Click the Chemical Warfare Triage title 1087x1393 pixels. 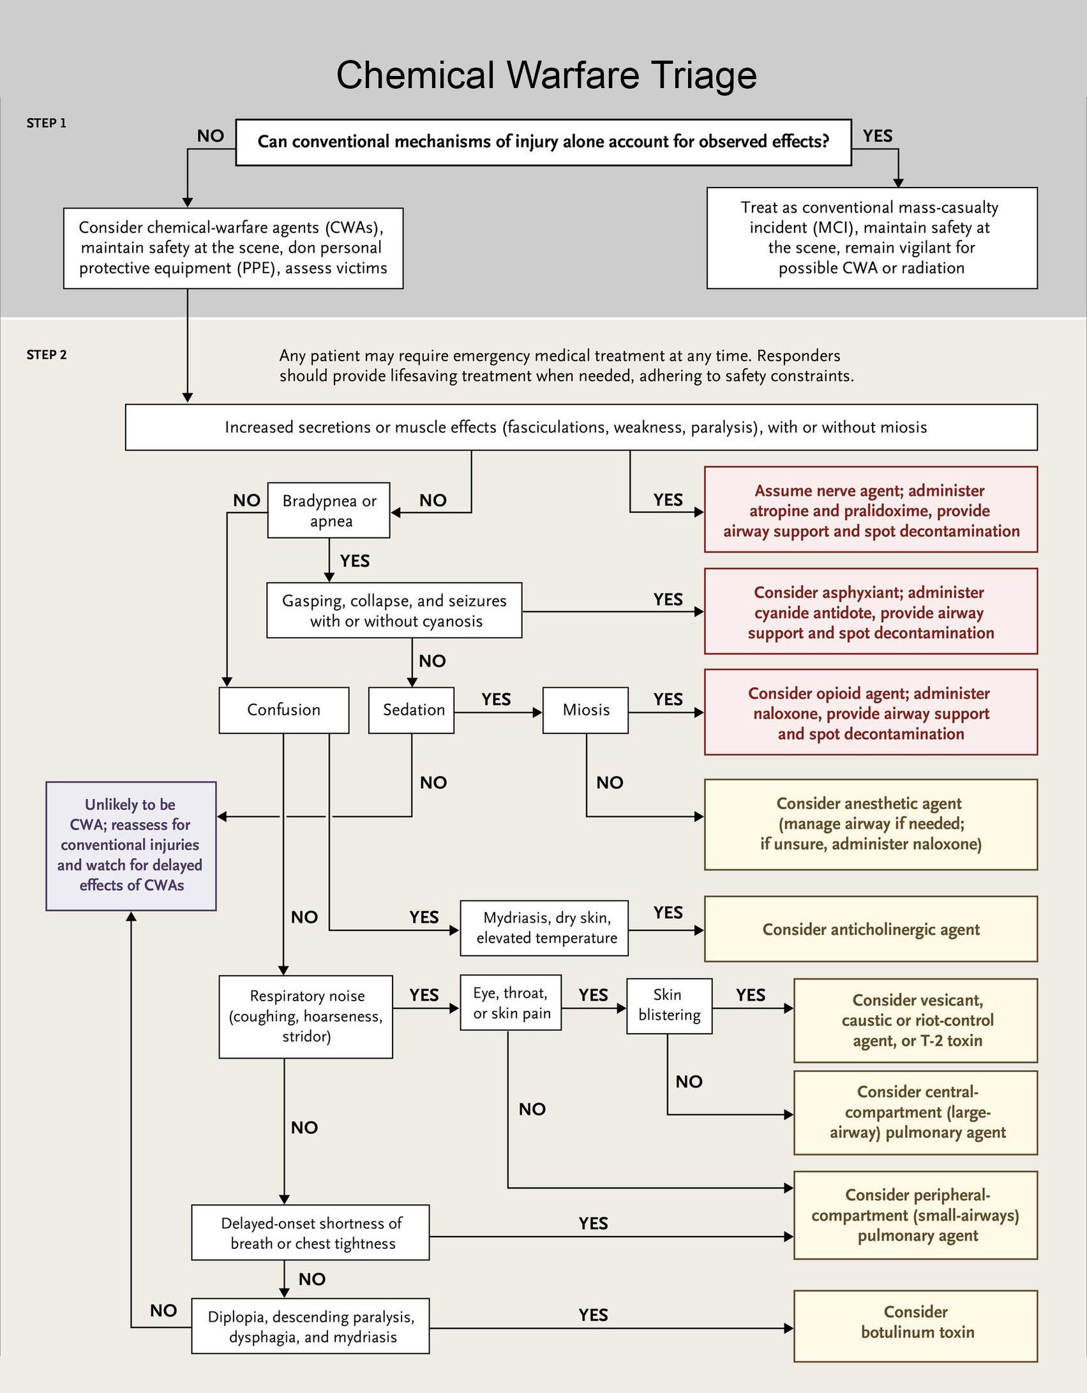point(546,75)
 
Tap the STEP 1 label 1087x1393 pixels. point(47,123)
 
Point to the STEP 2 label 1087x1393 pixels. point(47,355)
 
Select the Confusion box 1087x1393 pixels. point(284,710)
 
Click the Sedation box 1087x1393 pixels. point(412,710)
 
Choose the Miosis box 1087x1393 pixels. point(585,710)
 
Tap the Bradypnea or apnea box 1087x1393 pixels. point(329,510)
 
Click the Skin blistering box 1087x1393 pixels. point(670,1006)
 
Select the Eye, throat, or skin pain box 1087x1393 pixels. point(511,1002)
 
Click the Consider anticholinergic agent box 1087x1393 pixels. point(871,929)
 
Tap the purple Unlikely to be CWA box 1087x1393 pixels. point(131,845)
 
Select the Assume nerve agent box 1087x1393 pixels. point(871,510)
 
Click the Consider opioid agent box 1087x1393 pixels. point(871,713)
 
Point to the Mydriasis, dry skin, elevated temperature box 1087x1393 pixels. point(544,928)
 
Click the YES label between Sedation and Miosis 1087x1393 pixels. point(496,699)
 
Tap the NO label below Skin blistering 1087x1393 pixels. point(689,1082)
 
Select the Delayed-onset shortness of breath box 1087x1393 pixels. point(310,1232)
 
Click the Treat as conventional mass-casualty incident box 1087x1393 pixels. point(872,238)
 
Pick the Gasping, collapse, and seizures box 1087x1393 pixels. point(394,611)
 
